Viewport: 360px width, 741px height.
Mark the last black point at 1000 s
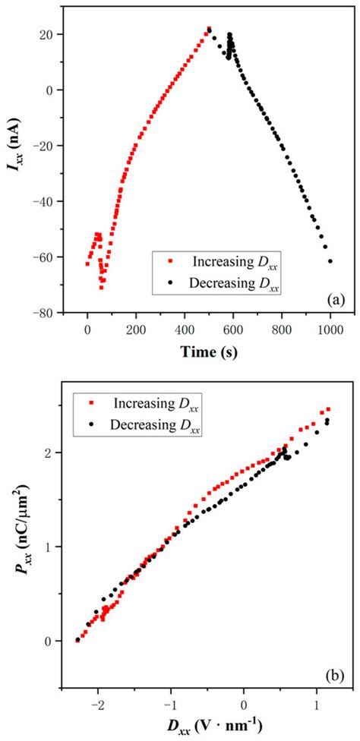tap(330, 261)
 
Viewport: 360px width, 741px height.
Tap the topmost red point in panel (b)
tap(328, 409)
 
